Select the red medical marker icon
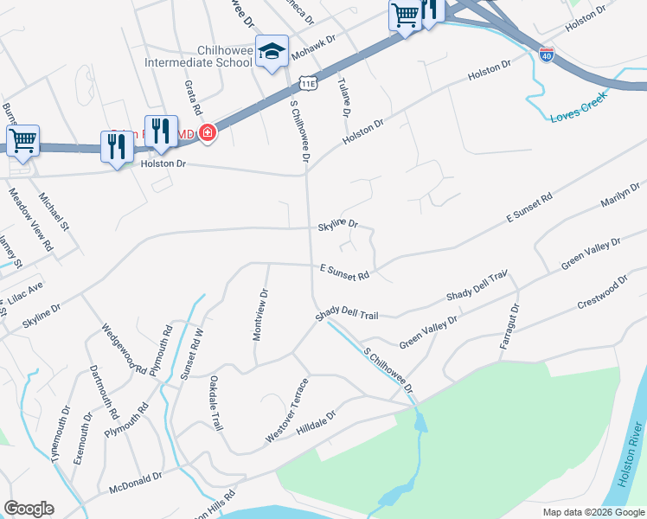coord(208,132)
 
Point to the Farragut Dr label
coord(509,326)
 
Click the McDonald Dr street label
coord(136,482)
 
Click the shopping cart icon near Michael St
coord(23,141)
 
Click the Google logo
coord(29,509)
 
